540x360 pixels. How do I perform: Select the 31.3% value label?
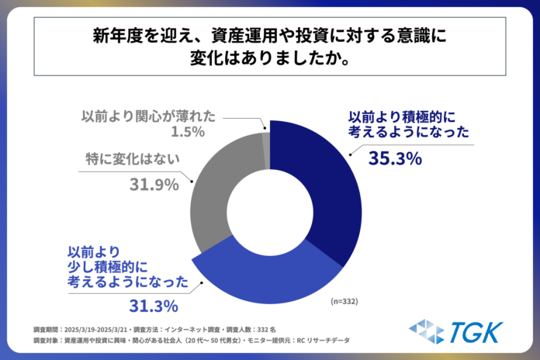coord(155,304)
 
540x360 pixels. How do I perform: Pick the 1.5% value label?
coord(186,132)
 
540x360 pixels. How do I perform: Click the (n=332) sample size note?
coord(344,300)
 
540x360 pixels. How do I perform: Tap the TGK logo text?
coord(476,331)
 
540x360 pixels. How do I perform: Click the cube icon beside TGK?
coord(427,331)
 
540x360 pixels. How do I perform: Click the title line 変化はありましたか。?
coord(269,59)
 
